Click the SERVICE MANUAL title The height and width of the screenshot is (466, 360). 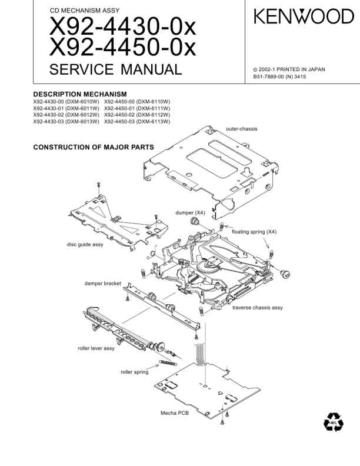coord(116,70)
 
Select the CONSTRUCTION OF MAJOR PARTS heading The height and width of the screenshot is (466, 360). coord(94,147)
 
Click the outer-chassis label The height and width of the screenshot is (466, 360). coord(241,128)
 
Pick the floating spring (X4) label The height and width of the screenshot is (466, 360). coord(254,231)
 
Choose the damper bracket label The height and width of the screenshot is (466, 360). coord(102,284)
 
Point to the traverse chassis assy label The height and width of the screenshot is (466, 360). coord(257,308)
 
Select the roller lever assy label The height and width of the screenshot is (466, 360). coord(96,348)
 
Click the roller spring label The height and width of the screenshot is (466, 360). coord(135,372)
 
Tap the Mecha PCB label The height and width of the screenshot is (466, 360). coord(175,412)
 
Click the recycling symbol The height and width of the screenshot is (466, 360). coord(333,422)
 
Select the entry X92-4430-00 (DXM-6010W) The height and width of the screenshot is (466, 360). coord(66,101)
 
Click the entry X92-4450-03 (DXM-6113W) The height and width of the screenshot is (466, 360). coord(137,122)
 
